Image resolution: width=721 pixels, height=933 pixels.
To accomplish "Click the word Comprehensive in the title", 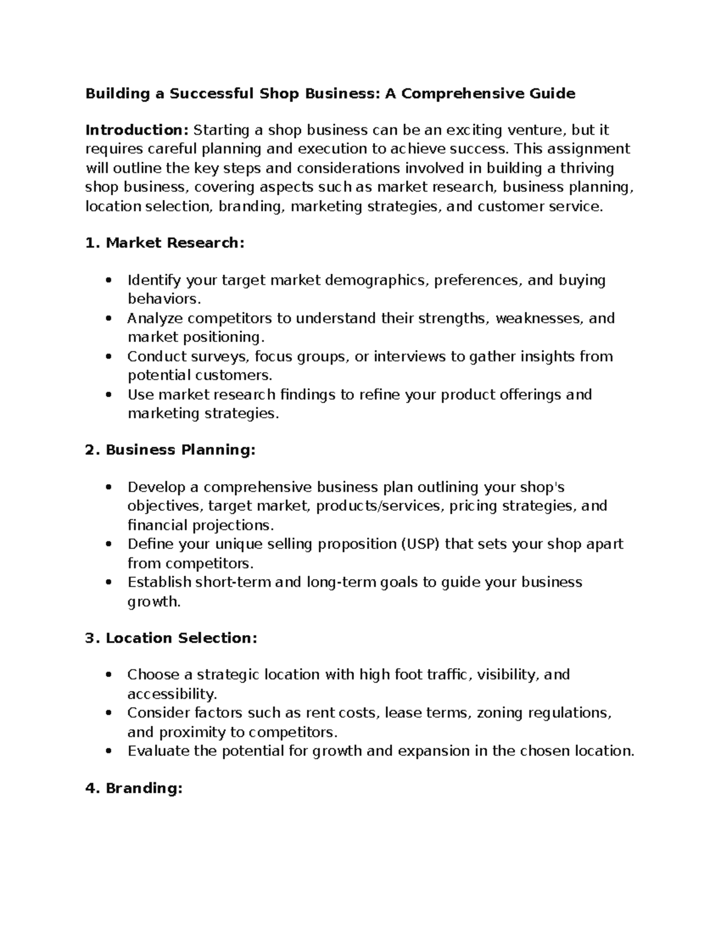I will click(463, 93).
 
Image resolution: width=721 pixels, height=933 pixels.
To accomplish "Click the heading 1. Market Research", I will click(165, 243).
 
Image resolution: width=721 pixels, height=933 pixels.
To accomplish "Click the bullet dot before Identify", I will click(108, 281).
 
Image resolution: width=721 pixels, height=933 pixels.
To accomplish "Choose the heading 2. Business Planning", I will click(171, 450).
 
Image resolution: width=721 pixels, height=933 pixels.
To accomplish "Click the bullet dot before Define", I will click(108, 544).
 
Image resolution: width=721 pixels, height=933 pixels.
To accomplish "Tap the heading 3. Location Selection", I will click(171, 638).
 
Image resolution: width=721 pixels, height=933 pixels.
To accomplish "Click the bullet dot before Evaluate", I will click(108, 752).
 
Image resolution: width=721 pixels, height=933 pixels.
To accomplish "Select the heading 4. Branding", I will click(134, 788).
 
